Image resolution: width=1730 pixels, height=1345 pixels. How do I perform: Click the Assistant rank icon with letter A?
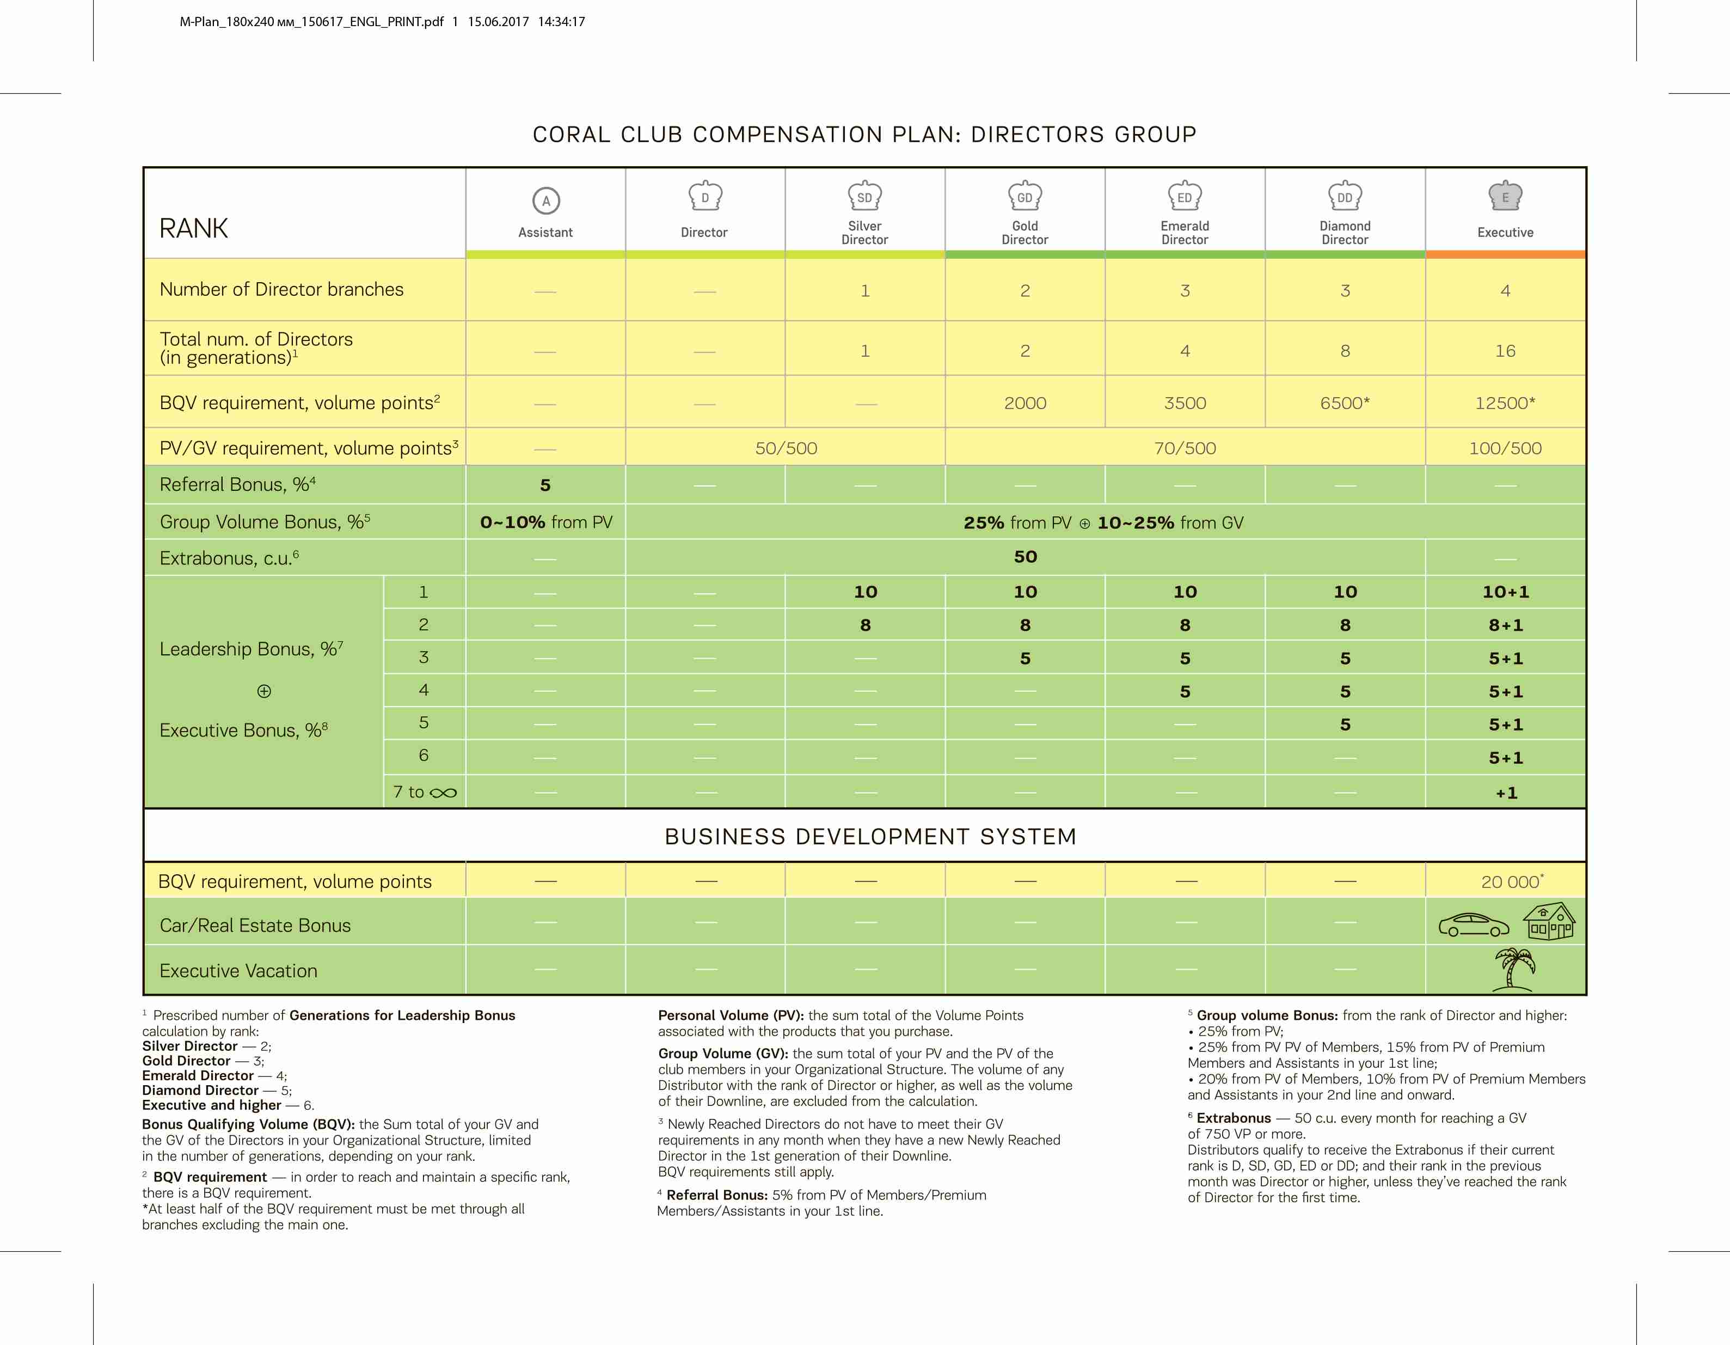click(x=546, y=200)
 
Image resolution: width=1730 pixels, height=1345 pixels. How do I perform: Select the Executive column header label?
click(x=1505, y=232)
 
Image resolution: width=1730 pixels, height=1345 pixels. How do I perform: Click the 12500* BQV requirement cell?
click(x=1505, y=403)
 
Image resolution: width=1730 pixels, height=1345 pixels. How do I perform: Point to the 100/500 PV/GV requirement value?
click(x=1505, y=448)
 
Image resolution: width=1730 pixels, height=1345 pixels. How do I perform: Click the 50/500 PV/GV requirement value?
click(x=786, y=448)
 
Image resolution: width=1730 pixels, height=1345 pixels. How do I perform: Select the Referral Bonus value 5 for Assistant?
click(x=545, y=485)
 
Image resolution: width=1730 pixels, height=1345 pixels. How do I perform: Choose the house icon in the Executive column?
click(x=1549, y=921)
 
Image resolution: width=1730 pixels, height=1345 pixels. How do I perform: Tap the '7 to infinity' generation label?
click(x=425, y=792)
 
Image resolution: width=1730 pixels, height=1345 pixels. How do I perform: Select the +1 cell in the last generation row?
click(x=1506, y=793)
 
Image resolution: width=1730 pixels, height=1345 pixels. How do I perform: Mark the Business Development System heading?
click(x=870, y=836)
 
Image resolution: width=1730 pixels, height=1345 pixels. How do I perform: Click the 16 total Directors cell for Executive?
click(x=1505, y=350)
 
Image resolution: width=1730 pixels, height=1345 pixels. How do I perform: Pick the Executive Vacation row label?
click(x=238, y=971)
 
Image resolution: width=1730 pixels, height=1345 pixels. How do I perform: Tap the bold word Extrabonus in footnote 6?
click(x=1234, y=1117)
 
